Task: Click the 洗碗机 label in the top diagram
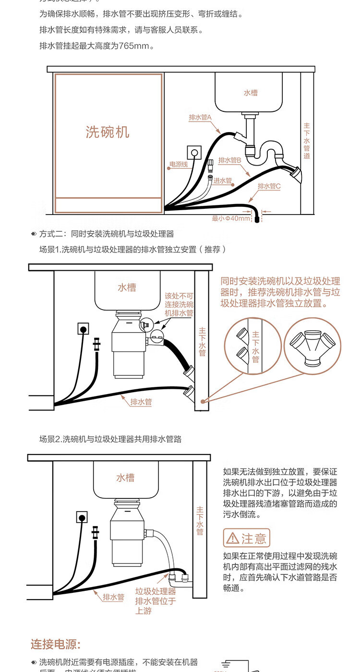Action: click(x=108, y=132)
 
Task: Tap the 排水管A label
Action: click(x=200, y=117)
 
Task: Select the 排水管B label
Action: click(x=229, y=160)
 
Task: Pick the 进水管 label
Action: click(x=223, y=181)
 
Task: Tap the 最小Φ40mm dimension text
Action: click(x=231, y=219)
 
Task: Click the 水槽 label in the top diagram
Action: click(x=251, y=93)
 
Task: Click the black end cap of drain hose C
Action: click(x=257, y=219)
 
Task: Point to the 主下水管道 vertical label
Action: click(x=307, y=141)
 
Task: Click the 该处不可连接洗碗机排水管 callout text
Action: click(x=179, y=305)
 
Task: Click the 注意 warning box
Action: click(x=247, y=539)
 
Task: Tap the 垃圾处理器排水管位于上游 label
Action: click(x=155, y=601)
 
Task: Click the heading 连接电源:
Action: click(x=56, y=644)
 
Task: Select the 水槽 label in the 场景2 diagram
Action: click(x=125, y=478)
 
